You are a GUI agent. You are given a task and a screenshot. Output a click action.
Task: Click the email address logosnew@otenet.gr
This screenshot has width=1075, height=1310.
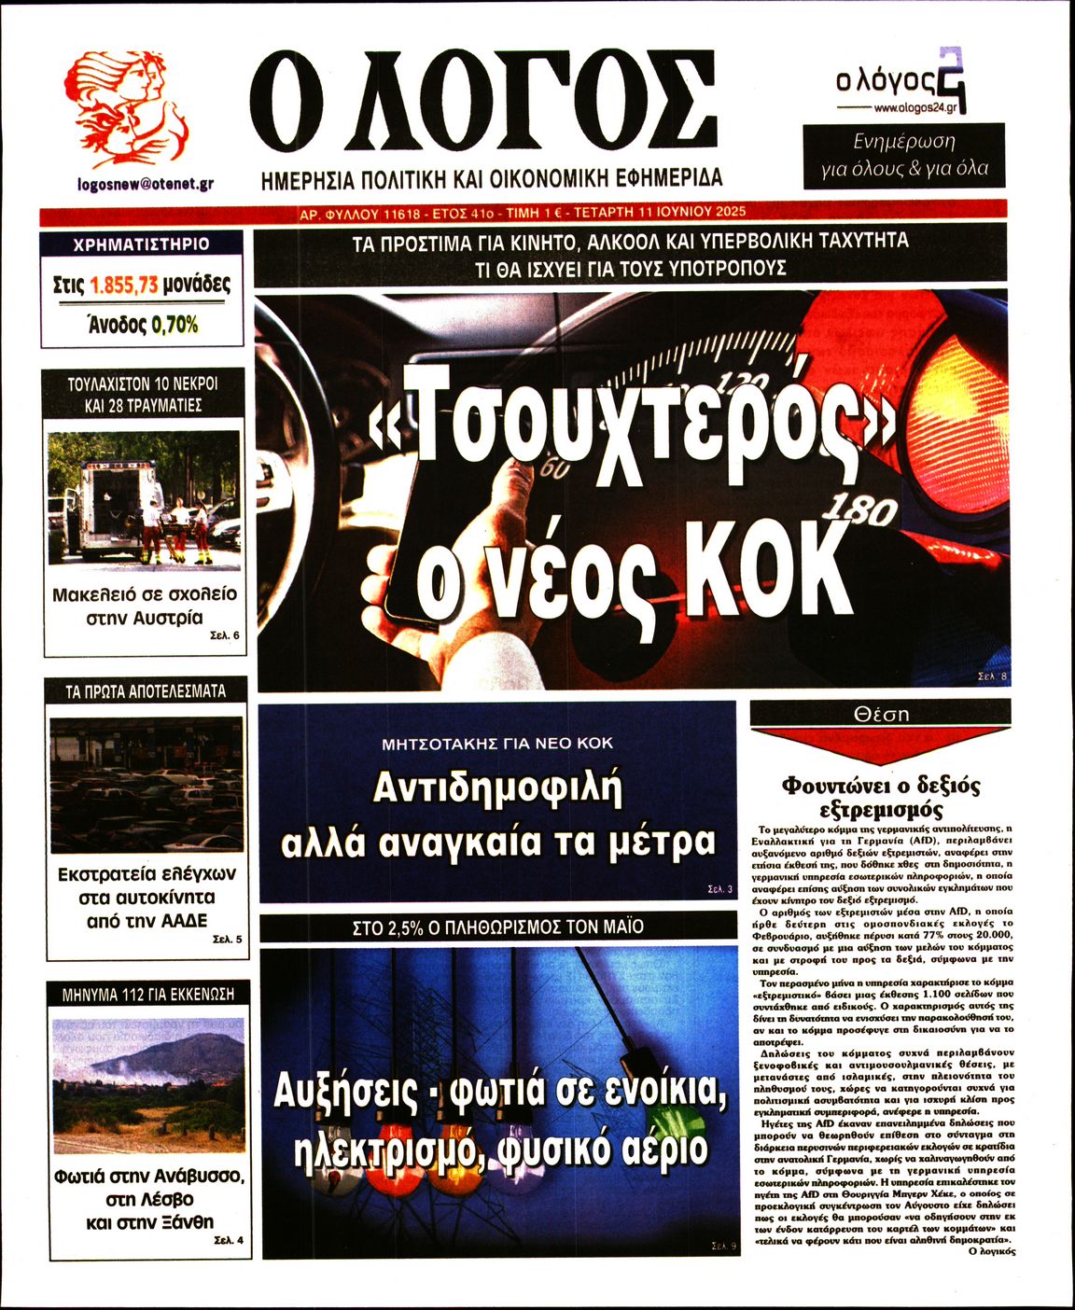(x=145, y=184)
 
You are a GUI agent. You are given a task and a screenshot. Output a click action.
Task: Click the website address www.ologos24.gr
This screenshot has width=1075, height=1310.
(x=914, y=108)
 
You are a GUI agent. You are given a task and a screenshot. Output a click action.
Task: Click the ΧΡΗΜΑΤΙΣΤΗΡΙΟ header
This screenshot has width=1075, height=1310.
(x=142, y=244)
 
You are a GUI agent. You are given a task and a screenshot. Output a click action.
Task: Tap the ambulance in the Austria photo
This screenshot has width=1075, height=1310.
(x=107, y=509)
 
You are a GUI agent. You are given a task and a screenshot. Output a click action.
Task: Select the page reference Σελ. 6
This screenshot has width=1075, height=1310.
(x=224, y=635)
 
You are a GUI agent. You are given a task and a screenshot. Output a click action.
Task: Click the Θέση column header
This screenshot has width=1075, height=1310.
(x=880, y=714)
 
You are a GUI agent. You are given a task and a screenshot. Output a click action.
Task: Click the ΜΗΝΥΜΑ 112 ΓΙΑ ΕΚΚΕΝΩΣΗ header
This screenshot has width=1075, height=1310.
(x=147, y=994)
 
